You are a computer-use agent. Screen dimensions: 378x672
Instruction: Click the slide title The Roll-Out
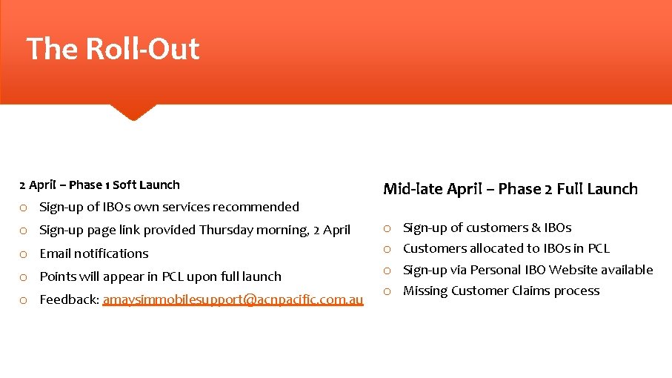pos(113,49)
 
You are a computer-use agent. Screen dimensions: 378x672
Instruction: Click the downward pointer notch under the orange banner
pos(133,111)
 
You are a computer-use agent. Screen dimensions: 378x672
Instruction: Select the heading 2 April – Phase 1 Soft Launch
pos(99,185)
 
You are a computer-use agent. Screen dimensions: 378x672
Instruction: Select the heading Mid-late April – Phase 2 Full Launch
pos(510,189)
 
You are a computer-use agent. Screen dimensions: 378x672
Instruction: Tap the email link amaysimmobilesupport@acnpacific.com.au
pos(233,299)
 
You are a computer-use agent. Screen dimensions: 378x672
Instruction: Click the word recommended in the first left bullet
pos(260,207)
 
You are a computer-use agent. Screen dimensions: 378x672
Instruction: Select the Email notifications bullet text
pos(93,253)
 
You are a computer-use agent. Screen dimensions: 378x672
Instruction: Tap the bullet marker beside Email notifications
pos(24,254)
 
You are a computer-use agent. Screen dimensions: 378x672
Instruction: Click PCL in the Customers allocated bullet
pos(598,248)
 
